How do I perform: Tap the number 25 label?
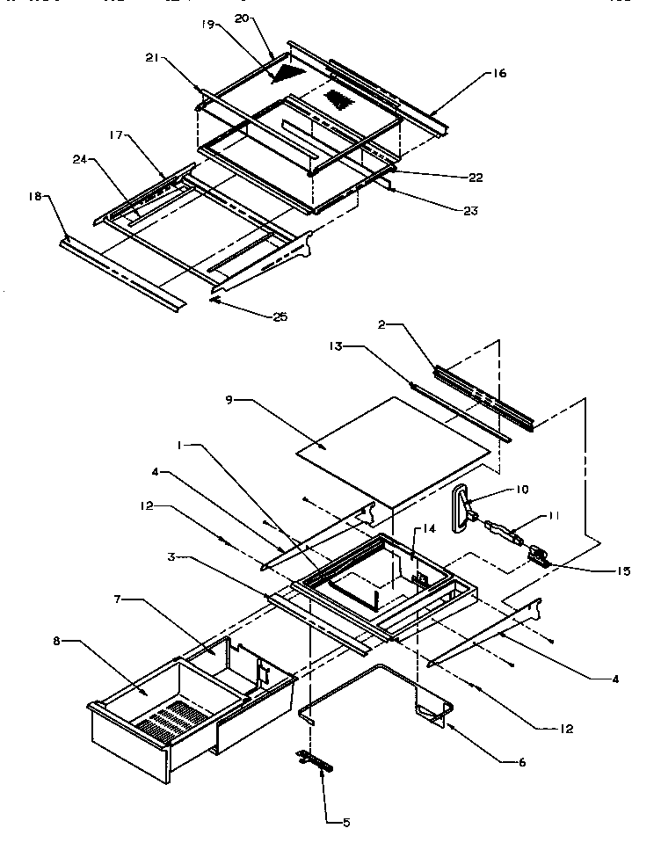click(279, 316)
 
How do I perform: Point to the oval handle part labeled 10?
click(460, 510)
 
